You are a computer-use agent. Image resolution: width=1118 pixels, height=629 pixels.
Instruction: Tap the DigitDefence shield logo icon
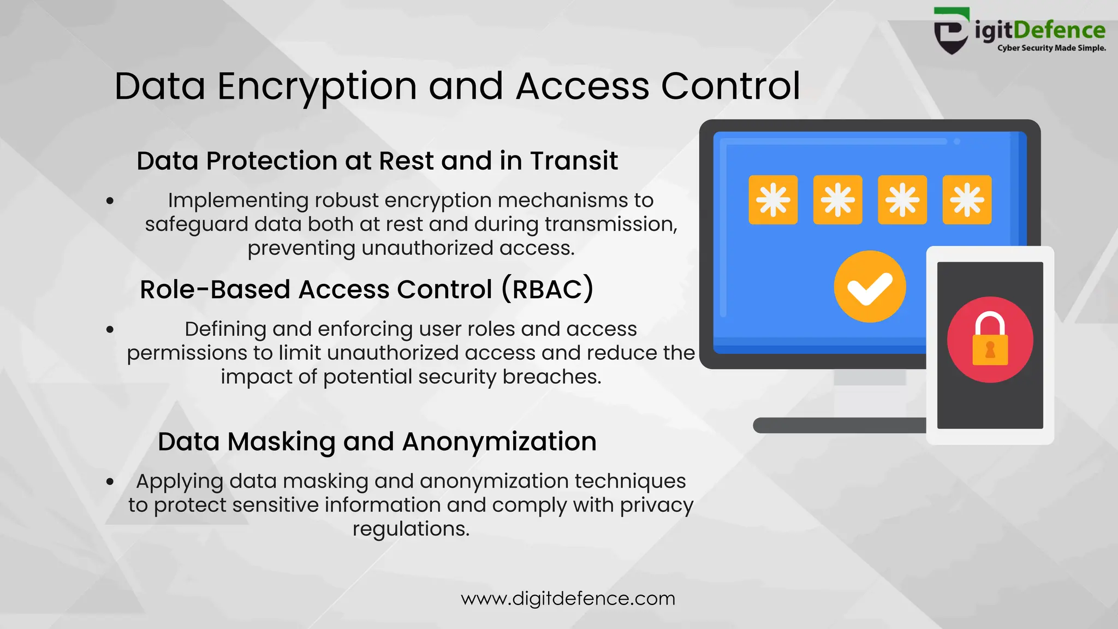pos(952,31)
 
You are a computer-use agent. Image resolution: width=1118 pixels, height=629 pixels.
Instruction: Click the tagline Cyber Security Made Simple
pos(1051,48)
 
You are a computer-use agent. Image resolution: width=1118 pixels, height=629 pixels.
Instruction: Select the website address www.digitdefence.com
pos(568,598)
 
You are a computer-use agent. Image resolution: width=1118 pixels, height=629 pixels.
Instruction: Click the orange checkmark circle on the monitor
pos(870,287)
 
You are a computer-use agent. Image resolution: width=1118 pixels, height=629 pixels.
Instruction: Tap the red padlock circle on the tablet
pos(990,340)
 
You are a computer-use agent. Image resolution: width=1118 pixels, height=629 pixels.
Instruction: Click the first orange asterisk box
pos(773,200)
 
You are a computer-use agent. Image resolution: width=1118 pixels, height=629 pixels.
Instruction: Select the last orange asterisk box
pos(967,200)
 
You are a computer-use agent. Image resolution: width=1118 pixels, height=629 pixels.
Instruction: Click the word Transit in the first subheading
pos(574,161)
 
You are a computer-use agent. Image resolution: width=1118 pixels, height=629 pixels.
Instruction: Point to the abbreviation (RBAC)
pos(547,289)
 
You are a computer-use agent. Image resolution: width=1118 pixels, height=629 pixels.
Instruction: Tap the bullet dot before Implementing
pos(110,201)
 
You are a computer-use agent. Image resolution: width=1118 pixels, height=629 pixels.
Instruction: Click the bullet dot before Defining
pos(110,329)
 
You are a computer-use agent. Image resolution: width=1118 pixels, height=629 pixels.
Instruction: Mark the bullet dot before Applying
pos(110,482)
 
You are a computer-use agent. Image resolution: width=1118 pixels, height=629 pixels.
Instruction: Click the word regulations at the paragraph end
pos(411,529)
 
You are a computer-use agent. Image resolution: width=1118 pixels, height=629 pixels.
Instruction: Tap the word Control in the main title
pos(730,86)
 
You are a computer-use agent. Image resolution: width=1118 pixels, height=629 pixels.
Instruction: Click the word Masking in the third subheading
pos(281,442)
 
